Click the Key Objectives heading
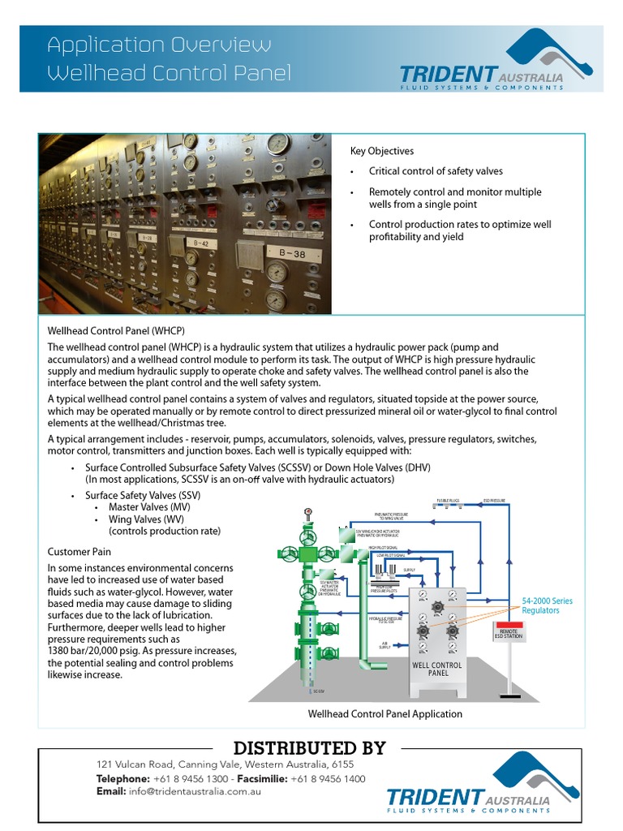pyautogui.click(x=381, y=151)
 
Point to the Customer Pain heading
pyautogui.click(x=79, y=552)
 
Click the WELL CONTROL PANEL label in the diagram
pyautogui.click(x=436, y=670)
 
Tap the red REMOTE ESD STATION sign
pyautogui.click(x=509, y=635)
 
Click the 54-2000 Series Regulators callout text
pyautogui.click(x=547, y=605)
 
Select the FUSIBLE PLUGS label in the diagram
pyautogui.click(x=449, y=501)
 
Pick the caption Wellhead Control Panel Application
pyautogui.click(x=385, y=714)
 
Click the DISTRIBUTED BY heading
pyautogui.click(x=310, y=747)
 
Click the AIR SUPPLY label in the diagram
pyautogui.click(x=385, y=645)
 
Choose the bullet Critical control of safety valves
pyautogui.click(x=436, y=171)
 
